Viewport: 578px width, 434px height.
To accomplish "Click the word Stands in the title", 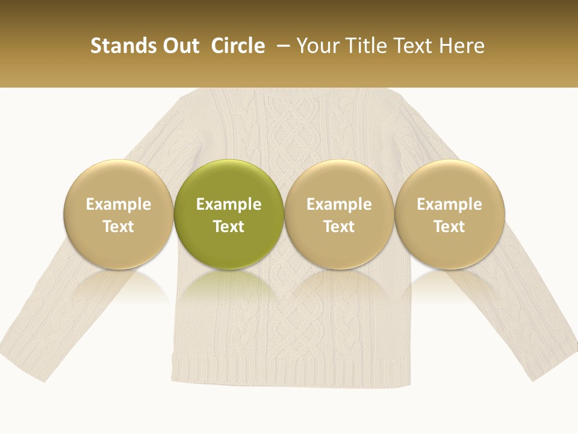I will click(x=118, y=46).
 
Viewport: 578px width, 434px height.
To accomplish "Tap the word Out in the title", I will click(x=179, y=46).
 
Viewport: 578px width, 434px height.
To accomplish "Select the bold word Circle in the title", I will click(x=238, y=46).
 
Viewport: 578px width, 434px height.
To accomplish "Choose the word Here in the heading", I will click(x=462, y=46).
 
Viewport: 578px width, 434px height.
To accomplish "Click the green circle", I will click(x=229, y=214).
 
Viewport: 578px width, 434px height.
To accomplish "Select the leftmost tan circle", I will click(x=119, y=214).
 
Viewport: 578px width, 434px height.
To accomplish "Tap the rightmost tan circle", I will click(x=450, y=214).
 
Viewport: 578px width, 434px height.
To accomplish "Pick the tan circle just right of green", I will click(x=339, y=214).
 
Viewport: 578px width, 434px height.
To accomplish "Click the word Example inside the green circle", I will click(x=229, y=204).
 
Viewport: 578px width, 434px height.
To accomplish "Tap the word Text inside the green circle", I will click(x=229, y=227).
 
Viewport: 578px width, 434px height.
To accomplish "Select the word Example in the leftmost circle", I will click(x=119, y=204).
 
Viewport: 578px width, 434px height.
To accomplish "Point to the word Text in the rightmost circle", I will click(x=450, y=227).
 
